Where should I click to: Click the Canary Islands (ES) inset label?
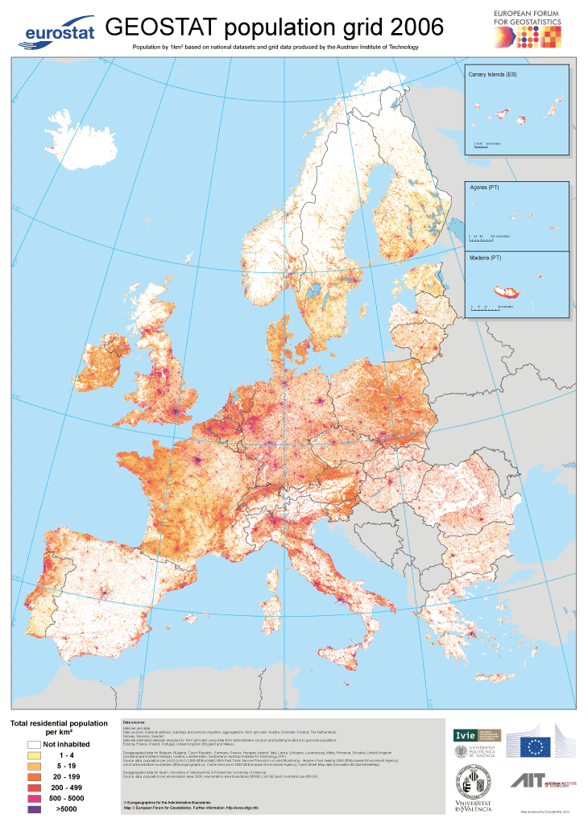pos(492,74)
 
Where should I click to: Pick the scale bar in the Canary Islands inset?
pos(482,146)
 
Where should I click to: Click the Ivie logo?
pos(466,734)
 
